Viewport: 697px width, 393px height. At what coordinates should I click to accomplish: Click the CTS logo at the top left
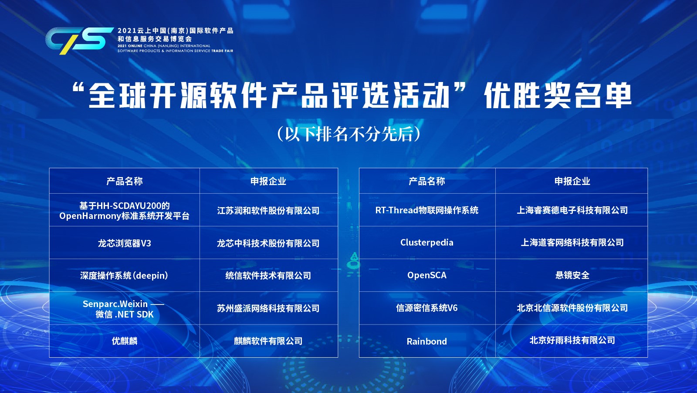pyautogui.click(x=79, y=41)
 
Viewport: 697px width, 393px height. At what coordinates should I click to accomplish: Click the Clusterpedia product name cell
pyautogui.click(x=427, y=243)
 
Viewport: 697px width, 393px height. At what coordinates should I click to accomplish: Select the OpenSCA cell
pyautogui.click(x=427, y=275)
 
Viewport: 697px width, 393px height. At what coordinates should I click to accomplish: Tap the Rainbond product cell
pyautogui.click(x=427, y=341)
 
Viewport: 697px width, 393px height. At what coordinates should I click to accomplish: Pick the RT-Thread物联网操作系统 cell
pyautogui.click(x=427, y=210)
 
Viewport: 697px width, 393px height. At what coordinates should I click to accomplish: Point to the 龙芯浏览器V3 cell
pyautogui.click(x=125, y=243)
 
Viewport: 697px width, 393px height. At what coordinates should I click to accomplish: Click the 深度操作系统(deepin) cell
pyautogui.click(x=125, y=276)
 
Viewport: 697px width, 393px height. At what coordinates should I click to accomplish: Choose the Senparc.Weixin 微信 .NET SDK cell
pyautogui.click(x=125, y=308)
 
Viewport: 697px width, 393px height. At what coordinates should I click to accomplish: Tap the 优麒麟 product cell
pyautogui.click(x=125, y=341)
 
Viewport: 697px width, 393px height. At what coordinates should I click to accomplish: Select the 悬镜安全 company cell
pyautogui.click(x=572, y=275)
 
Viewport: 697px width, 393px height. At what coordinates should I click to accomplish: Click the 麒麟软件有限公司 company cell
pyautogui.click(x=268, y=341)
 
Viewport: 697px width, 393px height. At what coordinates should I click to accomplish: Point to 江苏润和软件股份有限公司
pyautogui.click(x=268, y=211)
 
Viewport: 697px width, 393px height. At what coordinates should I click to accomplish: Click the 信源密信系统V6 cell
pyautogui.click(x=427, y=308)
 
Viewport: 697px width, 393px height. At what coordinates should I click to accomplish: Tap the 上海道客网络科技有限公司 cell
pyautogui.click(x=572, y=243)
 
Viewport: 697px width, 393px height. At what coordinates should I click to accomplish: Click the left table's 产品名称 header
pyautogui.click(x=125, y=181)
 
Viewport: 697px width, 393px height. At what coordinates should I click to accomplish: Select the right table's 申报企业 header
pyautogui.click(x=572, y=181)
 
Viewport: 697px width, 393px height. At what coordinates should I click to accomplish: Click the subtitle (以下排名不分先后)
pyautogui.click(x=348, y=134)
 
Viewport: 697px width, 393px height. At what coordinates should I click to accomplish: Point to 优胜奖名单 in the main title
pyautogui.click(x=558, y=96)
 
